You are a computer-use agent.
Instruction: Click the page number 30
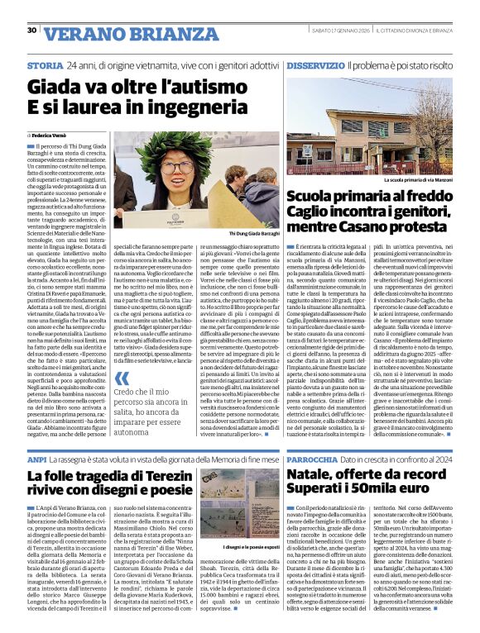(31, 31)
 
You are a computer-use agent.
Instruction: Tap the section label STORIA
(45, 65)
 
